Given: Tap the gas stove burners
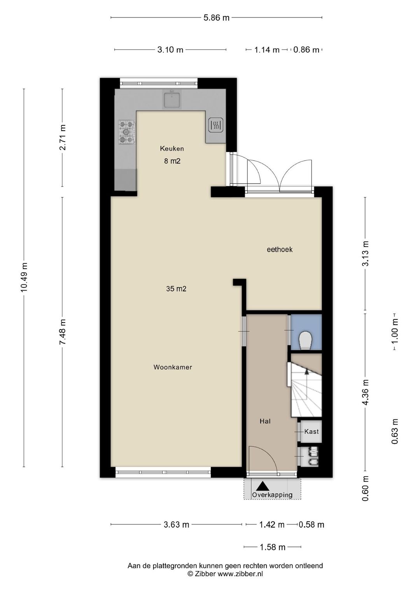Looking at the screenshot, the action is [x=127, y=132].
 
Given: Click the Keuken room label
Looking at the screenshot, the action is [x=172, y=149].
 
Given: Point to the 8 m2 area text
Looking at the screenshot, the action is [x=172, y=161].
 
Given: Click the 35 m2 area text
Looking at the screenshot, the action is [x=176, y=289].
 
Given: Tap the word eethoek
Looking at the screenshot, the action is [x=280, y=249].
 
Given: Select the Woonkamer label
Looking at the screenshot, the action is [x=173, y=367].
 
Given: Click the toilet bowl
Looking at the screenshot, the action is [x=305, y=340].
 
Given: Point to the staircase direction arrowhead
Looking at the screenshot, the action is [x=306, y=371].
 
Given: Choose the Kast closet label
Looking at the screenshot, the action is [x=311, y=431].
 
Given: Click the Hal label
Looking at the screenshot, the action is [x=265, y=421].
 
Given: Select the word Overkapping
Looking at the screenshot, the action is [x=272, y=495].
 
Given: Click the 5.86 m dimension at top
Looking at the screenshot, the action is [x=216, y=18].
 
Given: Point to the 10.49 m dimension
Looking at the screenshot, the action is [x=24, y=277].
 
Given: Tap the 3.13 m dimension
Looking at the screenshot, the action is [x=366, y=254].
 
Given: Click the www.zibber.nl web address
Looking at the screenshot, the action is [x=240, y=573].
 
